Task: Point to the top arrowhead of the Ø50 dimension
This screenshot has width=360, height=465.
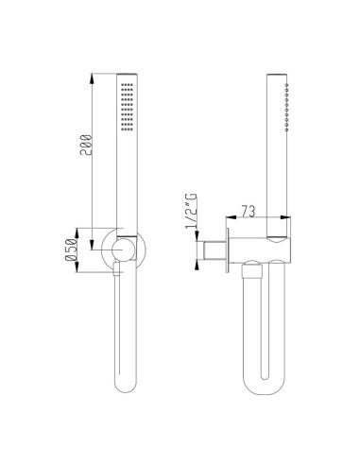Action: [x=93, y=230]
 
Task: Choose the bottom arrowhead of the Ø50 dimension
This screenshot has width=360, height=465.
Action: [x=93, y=273]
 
